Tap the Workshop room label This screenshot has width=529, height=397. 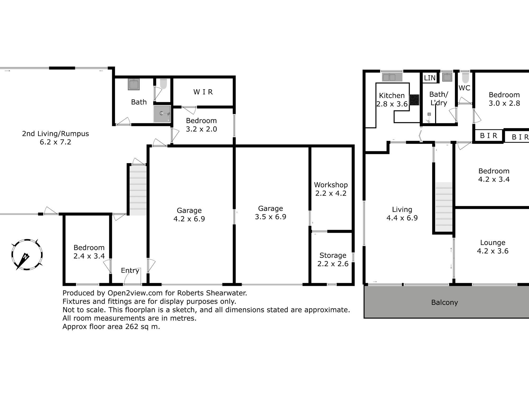pos(331,185)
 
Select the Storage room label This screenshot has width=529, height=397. pos(333,255)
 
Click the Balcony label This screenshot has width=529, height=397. pos(444,303)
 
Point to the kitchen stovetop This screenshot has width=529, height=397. pos(414,100)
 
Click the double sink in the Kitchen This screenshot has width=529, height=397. pos(392,77)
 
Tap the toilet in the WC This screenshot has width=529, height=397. pos(465,78)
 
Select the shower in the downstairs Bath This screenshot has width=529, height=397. pos(162,114)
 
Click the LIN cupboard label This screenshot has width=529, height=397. pos(430,78)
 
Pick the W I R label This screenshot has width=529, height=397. pos(203,92)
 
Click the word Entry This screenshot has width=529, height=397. pos(130,270)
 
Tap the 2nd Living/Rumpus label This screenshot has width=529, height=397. pos(55,134)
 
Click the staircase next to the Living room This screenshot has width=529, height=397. pos(444,207)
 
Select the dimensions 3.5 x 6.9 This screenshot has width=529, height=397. pos(271,217)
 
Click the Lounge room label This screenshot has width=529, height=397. pos(493,243)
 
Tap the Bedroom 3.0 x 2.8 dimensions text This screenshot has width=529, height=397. pos(504,103)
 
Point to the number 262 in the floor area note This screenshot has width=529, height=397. pos(132,327)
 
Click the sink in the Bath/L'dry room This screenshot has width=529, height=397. pos(447,77)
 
